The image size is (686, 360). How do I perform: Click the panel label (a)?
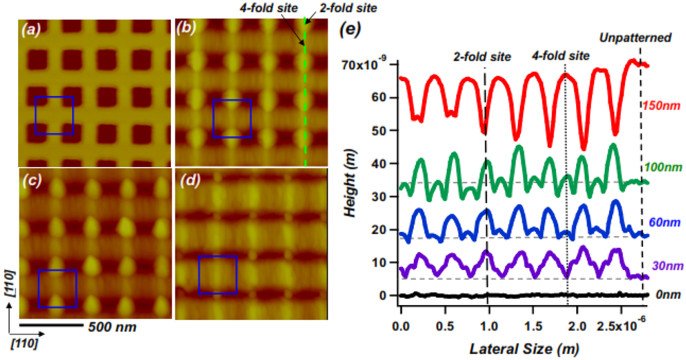click(32, 29)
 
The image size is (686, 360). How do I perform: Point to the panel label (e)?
click(354, 29)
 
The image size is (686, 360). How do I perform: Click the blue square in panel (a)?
click(54, 115)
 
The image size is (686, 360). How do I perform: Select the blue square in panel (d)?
click(218, 274)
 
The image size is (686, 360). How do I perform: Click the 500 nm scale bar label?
click(113, 328)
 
